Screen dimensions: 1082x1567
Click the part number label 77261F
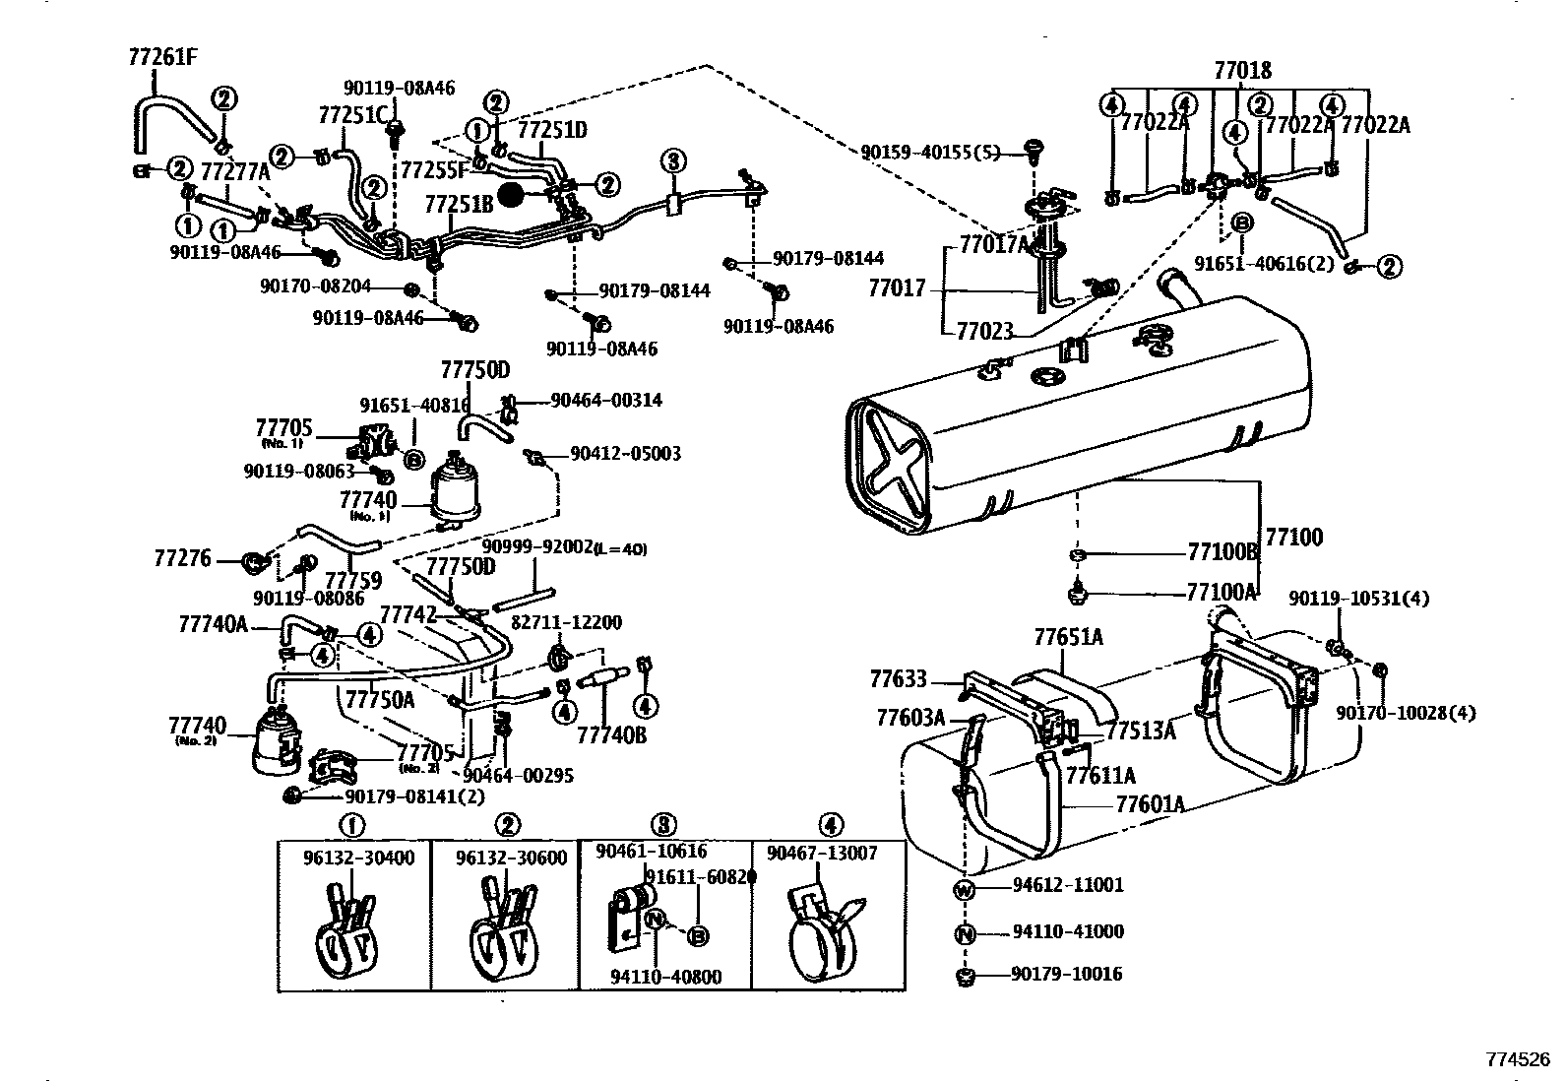tap(162, 56)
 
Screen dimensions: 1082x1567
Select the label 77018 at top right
tap(1242, 71)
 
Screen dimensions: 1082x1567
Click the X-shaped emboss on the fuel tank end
tap(895, 466)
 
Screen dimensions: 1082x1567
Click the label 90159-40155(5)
tap(929, 153)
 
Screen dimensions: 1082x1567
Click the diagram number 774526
tap(1517, 1060)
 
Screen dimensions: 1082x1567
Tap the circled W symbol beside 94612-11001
tap(965, 889)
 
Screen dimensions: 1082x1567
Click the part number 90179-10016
tap(1066, 975)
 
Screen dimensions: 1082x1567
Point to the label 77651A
tap(1068, 638)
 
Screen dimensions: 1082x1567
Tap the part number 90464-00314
tap(606, 401)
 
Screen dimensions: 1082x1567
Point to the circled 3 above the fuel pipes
tap(672, 161)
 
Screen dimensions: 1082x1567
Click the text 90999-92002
tap(537, 547)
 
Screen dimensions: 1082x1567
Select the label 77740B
tap(611, 734)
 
